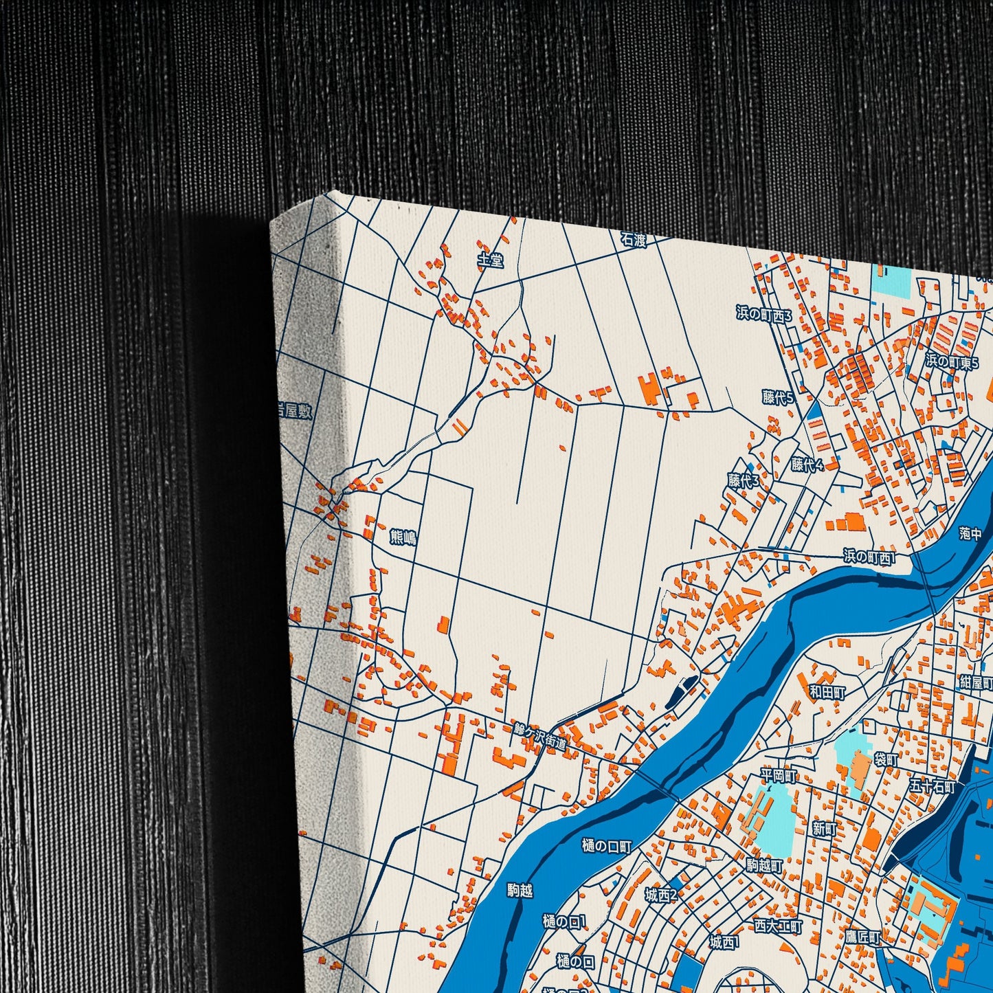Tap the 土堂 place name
[491, 260]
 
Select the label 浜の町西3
[764, 314]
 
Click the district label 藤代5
[778, 397]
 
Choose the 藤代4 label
[807, 465]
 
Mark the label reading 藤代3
[744, 480]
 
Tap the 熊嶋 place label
[403, 537]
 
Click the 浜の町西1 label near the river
[870, 557]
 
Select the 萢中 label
[970, 533]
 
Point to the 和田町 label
[827, 692]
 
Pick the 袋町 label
[886, 760]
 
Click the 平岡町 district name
[779, 776]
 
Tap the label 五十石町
[933, 786]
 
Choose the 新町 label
[825, 829]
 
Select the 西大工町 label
[778, 926]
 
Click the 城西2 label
[661, 895]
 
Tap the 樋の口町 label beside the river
[606, 846]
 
